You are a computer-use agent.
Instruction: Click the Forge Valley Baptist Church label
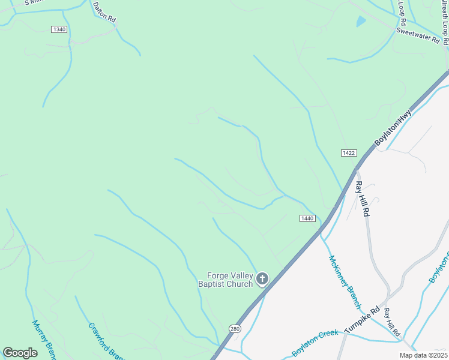click(x=226, y=280)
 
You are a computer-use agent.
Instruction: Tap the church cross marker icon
click(x=262, y=278)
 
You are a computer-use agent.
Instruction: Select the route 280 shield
click(x=234, y=329)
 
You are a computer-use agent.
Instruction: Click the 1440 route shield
click(x=306, y=218)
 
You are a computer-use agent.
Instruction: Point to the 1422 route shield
click(x=349, y=153)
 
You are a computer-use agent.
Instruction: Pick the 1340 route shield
click(x=59, y=29)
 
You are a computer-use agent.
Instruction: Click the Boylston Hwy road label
click(x=393, y=127)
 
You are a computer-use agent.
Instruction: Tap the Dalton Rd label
click(x=104, y=11)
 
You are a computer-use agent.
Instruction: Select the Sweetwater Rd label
click(x=422, y=36)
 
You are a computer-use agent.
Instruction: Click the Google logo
click(x=20, y=353)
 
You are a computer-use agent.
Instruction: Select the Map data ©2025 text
click(x=423, y=355)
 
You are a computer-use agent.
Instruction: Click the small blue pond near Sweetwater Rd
click(x=361, y=22)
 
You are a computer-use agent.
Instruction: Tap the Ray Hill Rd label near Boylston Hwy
click(x=362, y=199)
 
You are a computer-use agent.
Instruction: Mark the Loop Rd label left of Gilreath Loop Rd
click(x=402, y=8)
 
